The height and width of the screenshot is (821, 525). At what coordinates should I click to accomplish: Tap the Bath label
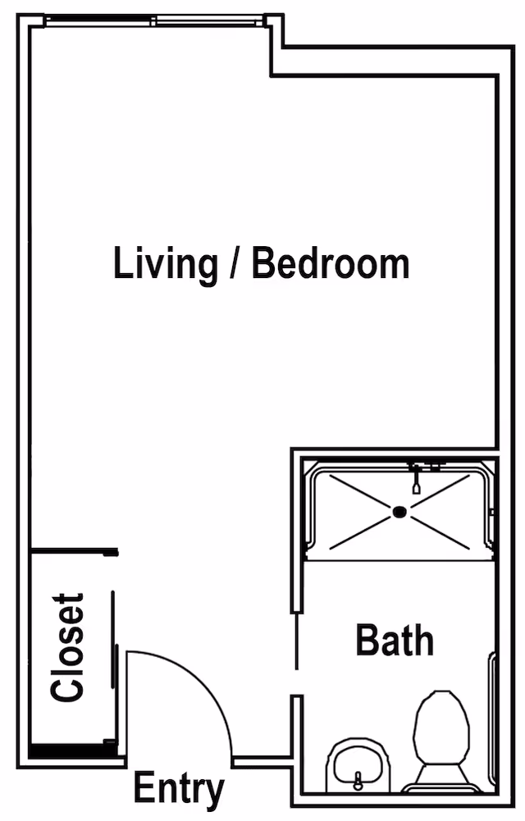tap(395, 640)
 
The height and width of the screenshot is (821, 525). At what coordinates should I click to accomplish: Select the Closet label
tap(67, 647)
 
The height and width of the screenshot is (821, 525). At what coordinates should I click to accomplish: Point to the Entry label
tap(179, 789)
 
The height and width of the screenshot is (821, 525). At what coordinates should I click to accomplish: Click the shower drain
tap(399, 512)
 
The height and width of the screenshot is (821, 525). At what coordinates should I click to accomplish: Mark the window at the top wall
tap(155, 21)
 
